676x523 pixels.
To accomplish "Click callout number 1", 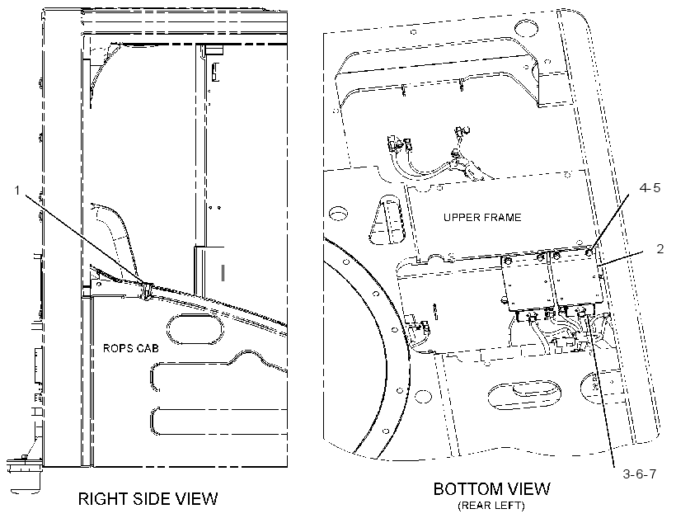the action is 17,191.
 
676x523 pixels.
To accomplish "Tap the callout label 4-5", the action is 650,188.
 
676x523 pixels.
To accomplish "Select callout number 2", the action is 660,249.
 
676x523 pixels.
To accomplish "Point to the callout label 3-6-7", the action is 640,474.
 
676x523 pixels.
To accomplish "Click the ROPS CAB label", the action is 130,348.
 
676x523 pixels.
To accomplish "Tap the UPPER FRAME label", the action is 482,217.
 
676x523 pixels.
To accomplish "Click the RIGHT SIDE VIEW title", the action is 148,499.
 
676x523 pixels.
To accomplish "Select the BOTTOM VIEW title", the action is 492,489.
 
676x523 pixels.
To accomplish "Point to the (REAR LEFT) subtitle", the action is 491,506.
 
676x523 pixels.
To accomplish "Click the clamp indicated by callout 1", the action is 146,290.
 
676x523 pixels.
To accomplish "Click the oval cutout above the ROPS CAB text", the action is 195,329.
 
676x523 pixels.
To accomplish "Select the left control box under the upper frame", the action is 527,283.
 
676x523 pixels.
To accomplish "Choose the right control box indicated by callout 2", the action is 577,280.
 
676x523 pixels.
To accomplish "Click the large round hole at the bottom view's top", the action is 527,30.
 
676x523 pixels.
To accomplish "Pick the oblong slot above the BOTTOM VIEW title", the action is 524,393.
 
